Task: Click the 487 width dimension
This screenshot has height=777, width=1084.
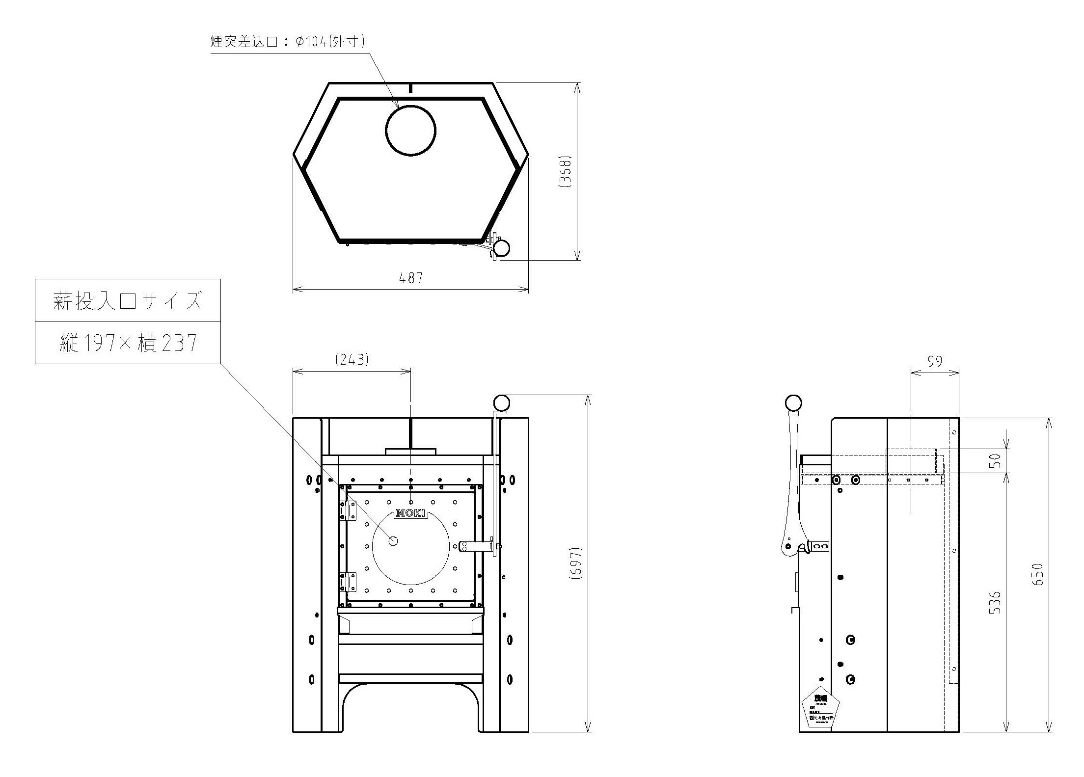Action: pyautogui.click(x=410, y=278)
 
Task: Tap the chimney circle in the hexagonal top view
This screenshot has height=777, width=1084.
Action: pyautogui.click(x=410, y=131)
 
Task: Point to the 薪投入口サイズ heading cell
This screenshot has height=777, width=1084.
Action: pyautogui.click(x=127, y=301)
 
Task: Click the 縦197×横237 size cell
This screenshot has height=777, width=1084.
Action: pyautogui.click(x=127, y=343)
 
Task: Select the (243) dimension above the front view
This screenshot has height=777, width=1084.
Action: pyautogui.click(x=352, y=360)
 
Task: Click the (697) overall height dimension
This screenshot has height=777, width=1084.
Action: pyautogui.click(x=576, y=564)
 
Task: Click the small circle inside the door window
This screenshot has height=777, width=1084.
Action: pyautogui.click(x=393, y=541)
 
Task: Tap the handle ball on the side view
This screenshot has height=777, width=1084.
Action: pyautogui.click(x=793, y=403)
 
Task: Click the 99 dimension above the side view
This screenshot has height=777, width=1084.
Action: pyautogui.click(x=935, y=361)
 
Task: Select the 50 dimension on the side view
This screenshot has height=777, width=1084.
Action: pyautogui.click(x=995, y=461)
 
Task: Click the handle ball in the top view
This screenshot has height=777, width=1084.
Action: pyautogui.click(x=501, y=248)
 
